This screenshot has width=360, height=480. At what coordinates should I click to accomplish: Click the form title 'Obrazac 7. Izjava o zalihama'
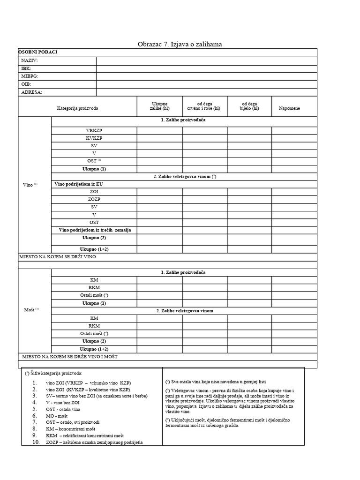point(180,44)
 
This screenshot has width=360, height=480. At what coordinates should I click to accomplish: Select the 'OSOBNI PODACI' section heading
point(38,52)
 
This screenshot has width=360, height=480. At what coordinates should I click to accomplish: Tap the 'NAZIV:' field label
point(30,60)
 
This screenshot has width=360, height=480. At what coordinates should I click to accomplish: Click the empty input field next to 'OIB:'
point(206,84)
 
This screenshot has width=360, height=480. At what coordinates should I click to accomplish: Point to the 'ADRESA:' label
point(32,92)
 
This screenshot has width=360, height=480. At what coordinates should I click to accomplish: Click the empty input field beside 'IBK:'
point(206,68)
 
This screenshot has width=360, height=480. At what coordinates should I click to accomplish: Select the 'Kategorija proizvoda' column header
point(78,108)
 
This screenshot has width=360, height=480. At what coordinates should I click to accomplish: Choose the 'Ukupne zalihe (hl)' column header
point(159,106)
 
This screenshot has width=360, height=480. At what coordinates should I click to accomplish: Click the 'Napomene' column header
point(289,108)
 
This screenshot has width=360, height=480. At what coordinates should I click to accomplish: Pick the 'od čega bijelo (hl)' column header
point(249,106)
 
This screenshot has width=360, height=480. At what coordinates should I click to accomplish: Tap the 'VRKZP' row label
point(94,131)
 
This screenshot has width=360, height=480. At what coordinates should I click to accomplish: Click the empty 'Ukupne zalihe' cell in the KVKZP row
point(159,138)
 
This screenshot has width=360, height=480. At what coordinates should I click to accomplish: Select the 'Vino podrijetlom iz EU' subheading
point(79,184)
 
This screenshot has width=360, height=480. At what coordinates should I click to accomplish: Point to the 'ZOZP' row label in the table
point(94,199)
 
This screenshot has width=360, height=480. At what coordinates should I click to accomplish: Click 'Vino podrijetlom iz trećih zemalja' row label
point(94,230)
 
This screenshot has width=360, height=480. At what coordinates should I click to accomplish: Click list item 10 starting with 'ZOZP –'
point(94,442)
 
